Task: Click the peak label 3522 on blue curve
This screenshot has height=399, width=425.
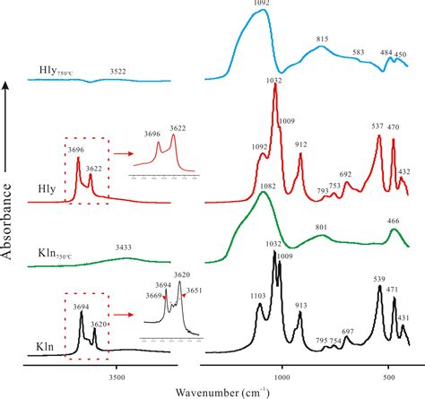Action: pos(117,70)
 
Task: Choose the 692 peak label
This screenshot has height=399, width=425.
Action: pos(346,175)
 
